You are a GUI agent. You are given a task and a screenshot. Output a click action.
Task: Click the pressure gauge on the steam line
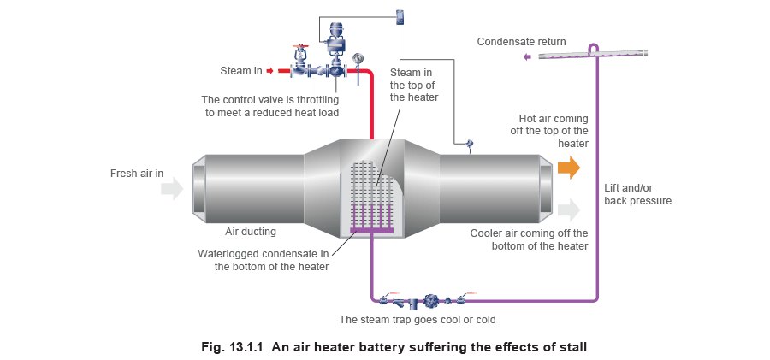click(358, 57)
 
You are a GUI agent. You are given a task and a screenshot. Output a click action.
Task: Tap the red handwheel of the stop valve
click(299, 47)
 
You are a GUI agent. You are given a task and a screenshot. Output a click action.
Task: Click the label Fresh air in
click(132, 174)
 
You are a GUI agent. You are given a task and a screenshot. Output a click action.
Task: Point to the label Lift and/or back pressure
click(637, 193)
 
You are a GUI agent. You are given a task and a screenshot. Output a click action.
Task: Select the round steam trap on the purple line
click(432, 301)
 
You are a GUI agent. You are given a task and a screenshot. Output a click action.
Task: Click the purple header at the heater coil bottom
click(371, 228)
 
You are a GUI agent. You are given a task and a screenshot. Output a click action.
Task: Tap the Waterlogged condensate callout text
click(264, 259)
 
